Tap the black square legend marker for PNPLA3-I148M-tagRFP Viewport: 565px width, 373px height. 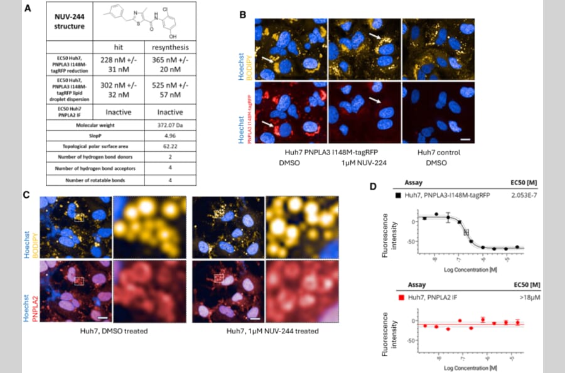click(x=398, y=197)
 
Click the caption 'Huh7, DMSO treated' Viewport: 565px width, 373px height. click(x=114, y=331)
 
